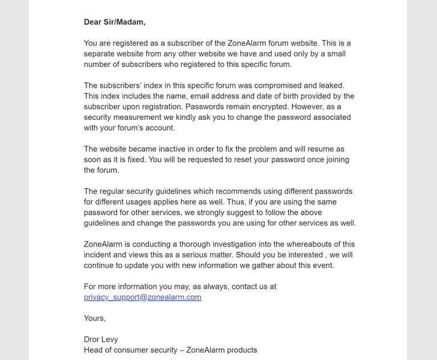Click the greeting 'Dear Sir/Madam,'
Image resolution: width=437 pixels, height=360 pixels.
tap(115, 22)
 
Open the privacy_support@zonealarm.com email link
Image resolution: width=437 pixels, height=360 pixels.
tap(142, 297)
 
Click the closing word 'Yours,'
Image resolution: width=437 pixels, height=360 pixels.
tap(95, 318)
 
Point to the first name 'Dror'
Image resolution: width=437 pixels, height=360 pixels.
tap(93, 339)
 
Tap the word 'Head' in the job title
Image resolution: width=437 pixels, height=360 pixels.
tap(94, 350)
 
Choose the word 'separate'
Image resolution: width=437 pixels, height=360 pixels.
tap(100, 54)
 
